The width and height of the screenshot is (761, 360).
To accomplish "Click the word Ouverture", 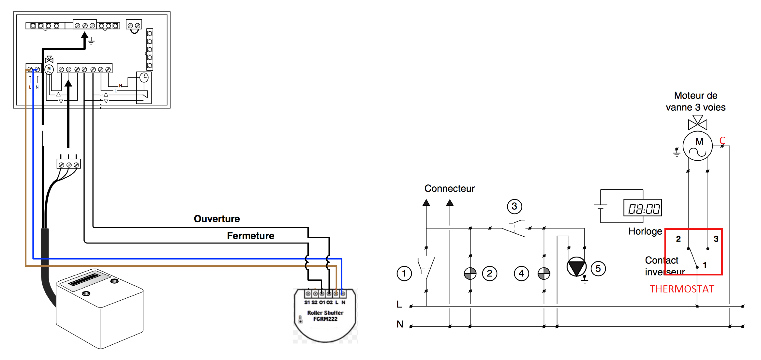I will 217,219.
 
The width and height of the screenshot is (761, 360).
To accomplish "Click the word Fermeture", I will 251,236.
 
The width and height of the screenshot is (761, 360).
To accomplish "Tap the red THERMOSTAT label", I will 681,289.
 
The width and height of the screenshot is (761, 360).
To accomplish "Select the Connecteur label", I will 449,189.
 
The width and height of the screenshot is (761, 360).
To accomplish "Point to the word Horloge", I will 645,231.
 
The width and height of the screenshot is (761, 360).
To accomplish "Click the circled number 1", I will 404,273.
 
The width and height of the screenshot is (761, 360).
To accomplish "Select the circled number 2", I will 490,273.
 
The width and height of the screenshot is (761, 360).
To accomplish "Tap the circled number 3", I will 514,206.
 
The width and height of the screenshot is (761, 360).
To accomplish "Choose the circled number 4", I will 521,273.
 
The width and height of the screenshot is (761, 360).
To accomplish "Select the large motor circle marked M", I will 698,146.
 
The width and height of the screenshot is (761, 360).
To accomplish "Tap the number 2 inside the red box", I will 678,239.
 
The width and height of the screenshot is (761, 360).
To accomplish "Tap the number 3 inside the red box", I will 716,239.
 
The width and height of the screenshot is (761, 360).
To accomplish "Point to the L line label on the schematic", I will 399,304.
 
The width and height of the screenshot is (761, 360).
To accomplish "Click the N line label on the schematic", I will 400,324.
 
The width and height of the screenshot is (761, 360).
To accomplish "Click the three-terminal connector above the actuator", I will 68,164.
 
